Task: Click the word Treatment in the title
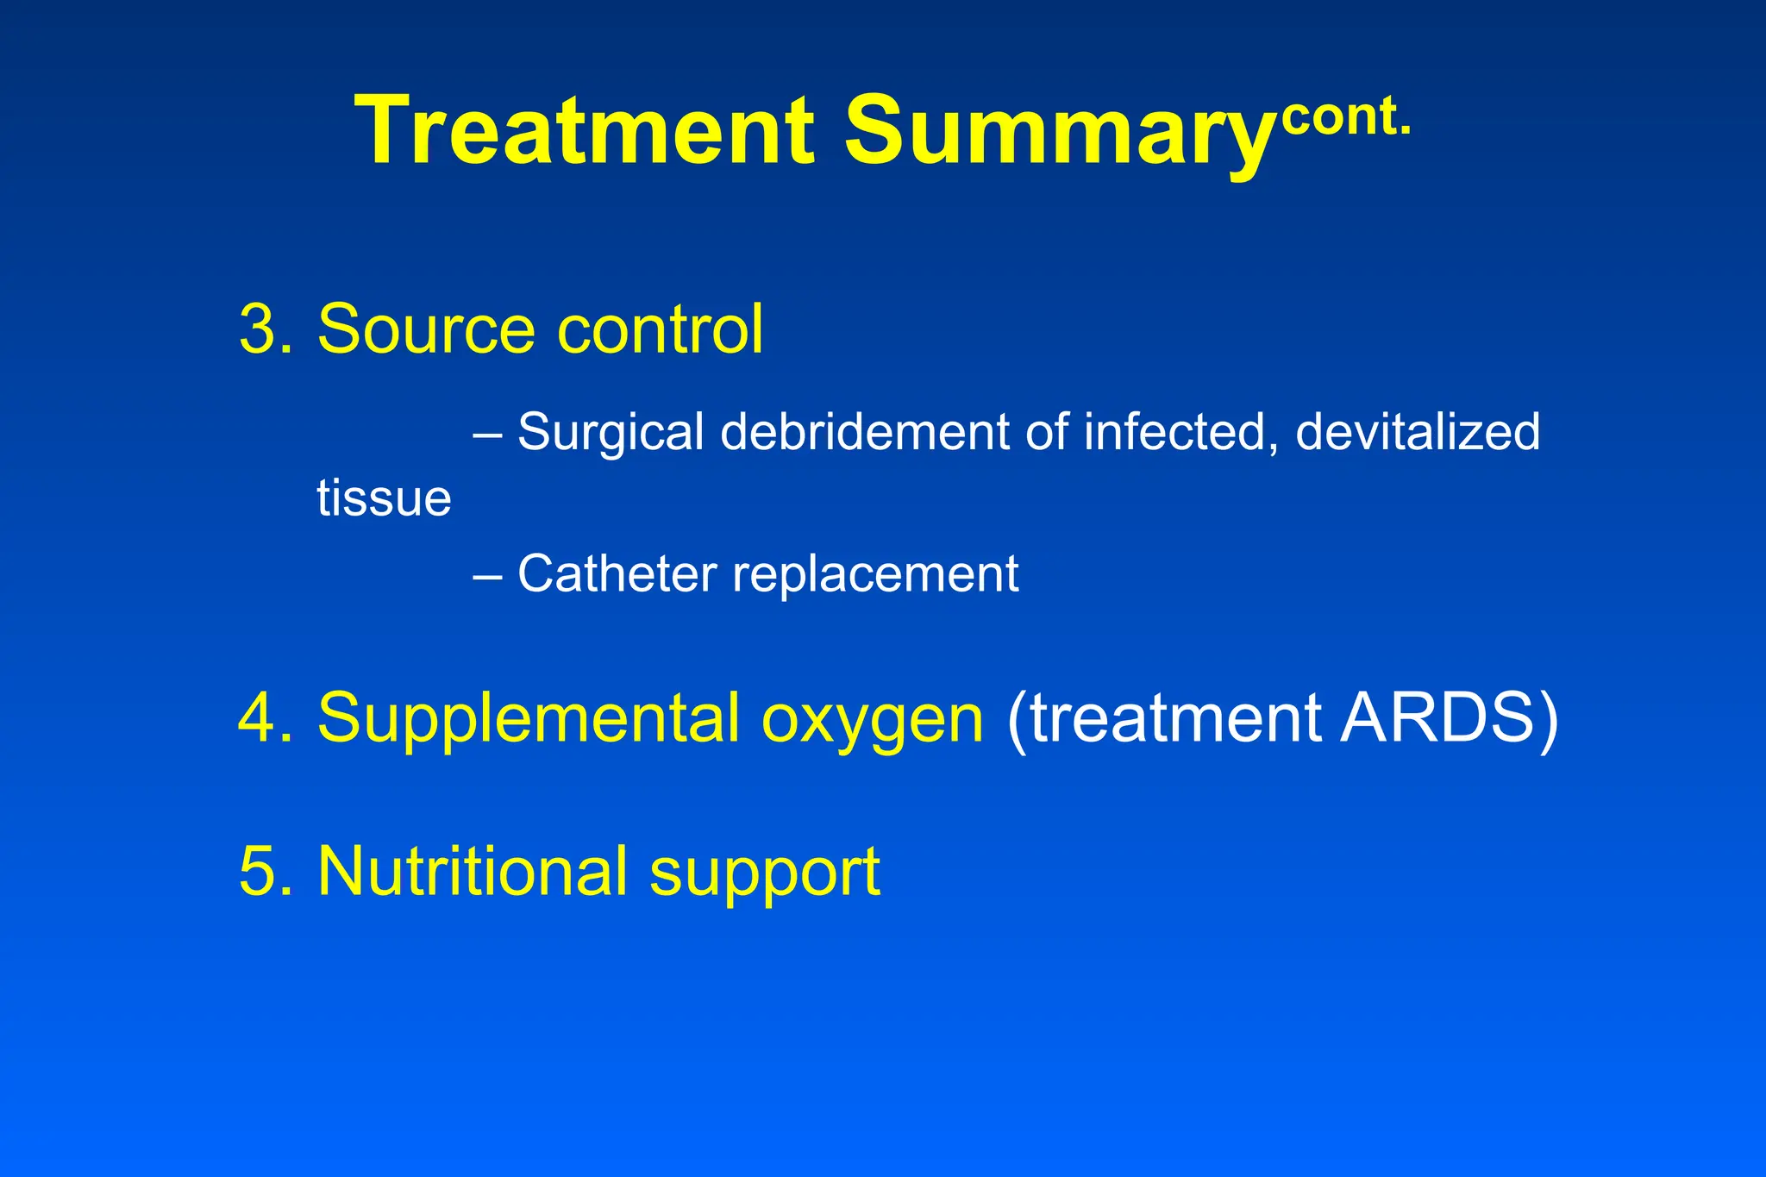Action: [x=585, y=131]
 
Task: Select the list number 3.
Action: [x=260, y=329]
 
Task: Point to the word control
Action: [x=660, y=329]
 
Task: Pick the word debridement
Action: [x=865, y=431]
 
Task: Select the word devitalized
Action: [x=1417, y=431]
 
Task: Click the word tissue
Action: [x=384, y=498]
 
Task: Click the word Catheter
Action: [x=617, y=574]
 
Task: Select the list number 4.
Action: [x=260, y=717]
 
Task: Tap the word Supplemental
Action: [x=528, y=717]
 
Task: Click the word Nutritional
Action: [x=472, y=871]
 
